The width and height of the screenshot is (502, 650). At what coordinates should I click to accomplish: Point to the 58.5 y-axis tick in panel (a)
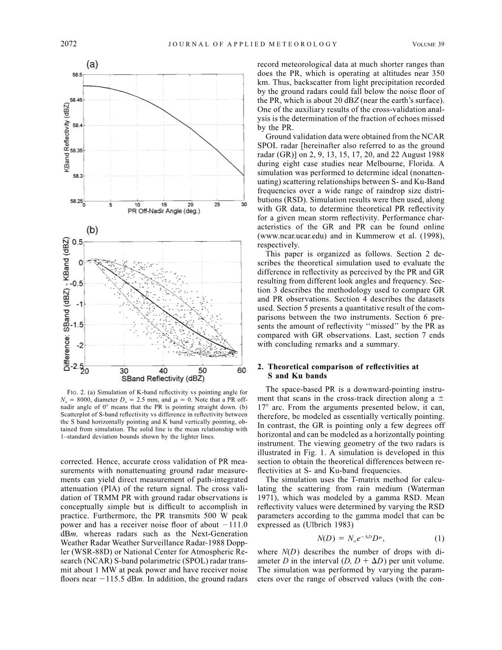77,75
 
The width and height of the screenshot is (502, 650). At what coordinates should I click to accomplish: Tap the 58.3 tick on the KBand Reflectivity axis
77,176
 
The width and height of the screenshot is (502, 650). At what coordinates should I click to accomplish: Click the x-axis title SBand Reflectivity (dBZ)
163,378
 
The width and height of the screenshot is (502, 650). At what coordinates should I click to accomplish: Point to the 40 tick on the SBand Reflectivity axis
163,371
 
